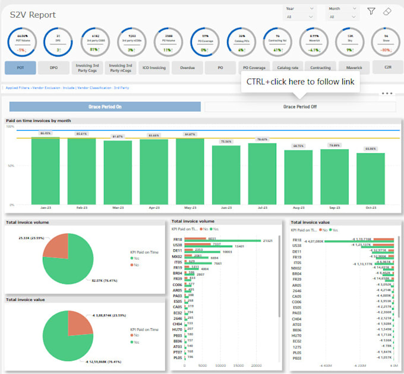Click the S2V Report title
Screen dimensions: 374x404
click(x=33, y=14)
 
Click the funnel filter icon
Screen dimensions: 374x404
click(x=371, y=11)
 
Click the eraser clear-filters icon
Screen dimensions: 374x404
click(x=387, y=11)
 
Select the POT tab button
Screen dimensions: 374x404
click(x=20, y=68)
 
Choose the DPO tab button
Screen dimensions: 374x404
click(x=53, y=68)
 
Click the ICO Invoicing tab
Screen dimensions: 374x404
click(x=154, y=68)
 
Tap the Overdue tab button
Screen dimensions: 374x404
click(x=187, y=68)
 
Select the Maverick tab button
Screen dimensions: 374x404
click(x=354, y=68)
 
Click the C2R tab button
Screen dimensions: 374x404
click(x=387, y=68)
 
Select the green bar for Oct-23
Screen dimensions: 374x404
click(x=371, y=178)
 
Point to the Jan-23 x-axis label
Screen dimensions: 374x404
click(x=45, y=208)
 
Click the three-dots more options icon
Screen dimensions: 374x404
click(x=387, y=93)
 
